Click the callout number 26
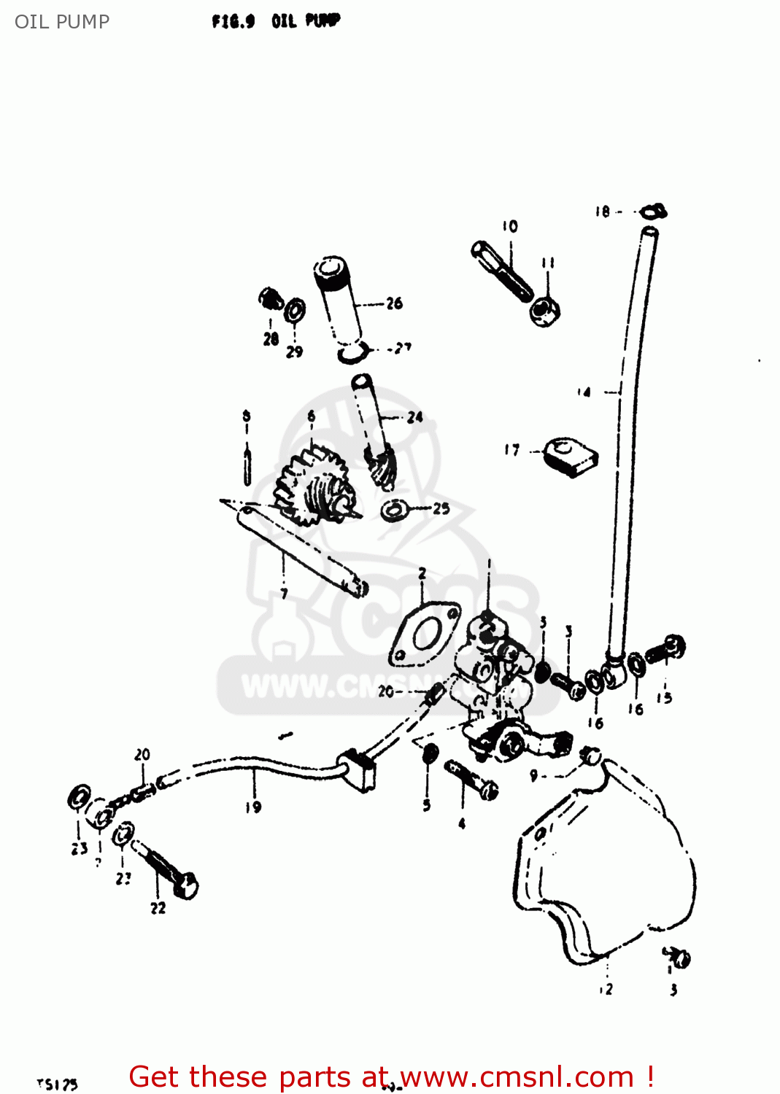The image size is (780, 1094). click(x=394, y=303)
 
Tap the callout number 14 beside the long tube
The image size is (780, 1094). click(x=584, y=392)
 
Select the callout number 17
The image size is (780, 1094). click(x=512, y=450)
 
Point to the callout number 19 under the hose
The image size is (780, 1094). click(x=253, y=807)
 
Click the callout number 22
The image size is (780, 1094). click(x=158, y=908)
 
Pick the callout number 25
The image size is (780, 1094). click(x=441, y=508)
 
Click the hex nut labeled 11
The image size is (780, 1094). click(x=544, y=311)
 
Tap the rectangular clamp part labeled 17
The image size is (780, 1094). click(x=572, y=457)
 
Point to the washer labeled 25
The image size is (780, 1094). click(x=394, y=510)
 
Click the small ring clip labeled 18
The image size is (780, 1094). click(x=652, y=212)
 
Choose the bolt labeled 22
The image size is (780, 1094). click(x=169, y=872)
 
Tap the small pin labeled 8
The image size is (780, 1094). click(x=247, y=467)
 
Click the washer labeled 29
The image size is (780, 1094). click(x=295, y=311)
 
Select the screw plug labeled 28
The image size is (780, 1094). click(x=271, y=299)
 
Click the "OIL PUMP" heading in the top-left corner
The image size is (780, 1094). click(x=62, y=22)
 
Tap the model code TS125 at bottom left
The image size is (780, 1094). click(x=58, y=1085)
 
